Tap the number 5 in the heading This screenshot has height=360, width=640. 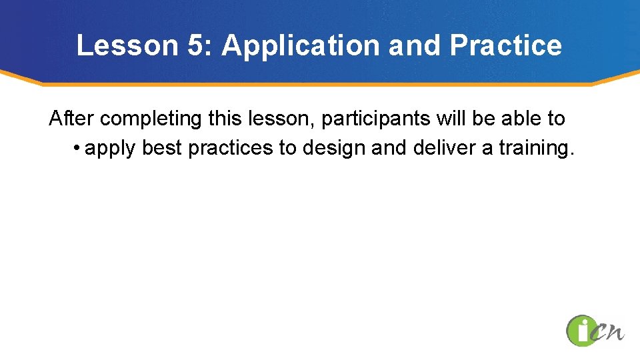(196, 45)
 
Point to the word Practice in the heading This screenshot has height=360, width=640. (506, 45)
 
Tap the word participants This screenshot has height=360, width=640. (375, 119)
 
